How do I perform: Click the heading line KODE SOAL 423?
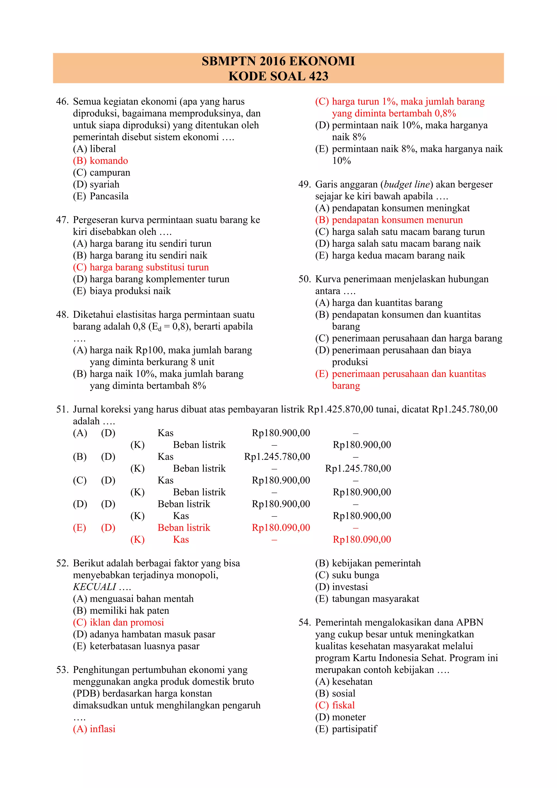pos(278,76)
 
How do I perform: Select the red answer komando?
pos(109,161)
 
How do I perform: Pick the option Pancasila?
pos(109,196)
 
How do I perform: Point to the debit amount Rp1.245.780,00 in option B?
pos(277,457)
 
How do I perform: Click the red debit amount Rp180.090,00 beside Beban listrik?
pos(281,528)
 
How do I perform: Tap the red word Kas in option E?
pos(181,540)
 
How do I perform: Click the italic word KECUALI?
pos(94,587)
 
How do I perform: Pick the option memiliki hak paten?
pos(129,611)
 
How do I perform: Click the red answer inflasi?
pos(102,729)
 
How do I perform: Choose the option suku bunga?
pos(355,575)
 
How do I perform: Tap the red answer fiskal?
pos(343,705)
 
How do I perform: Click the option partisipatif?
pos(354,729)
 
